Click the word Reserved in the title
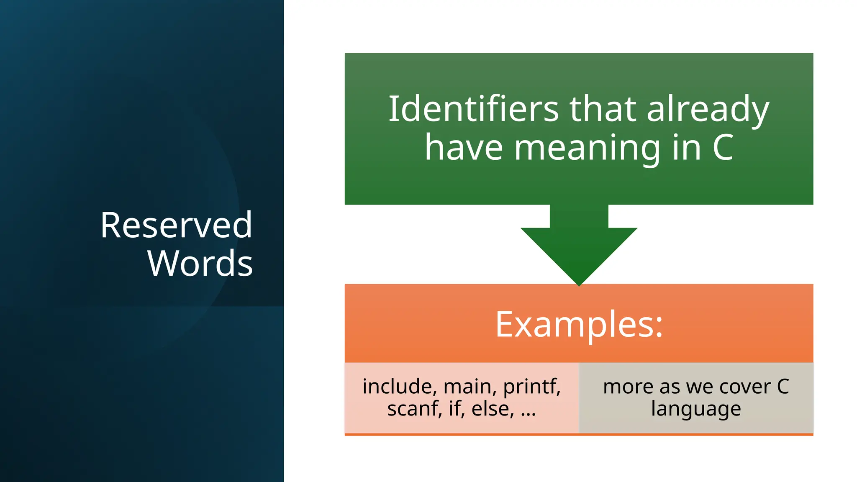[176, 226]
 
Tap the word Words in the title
[200, 263]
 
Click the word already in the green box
[708, 110]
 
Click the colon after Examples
[659, 328]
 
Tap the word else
[492, 409]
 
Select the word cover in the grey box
[745, 387]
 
